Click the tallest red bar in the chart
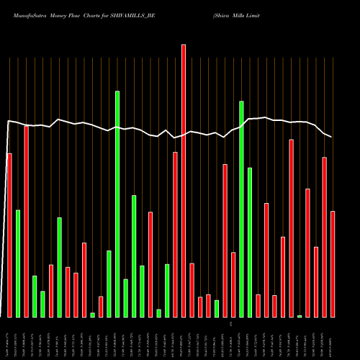tap(184, 180)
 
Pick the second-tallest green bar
tap(242, 209)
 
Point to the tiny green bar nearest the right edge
tap(300, 315)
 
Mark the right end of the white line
tap(331, 137)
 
